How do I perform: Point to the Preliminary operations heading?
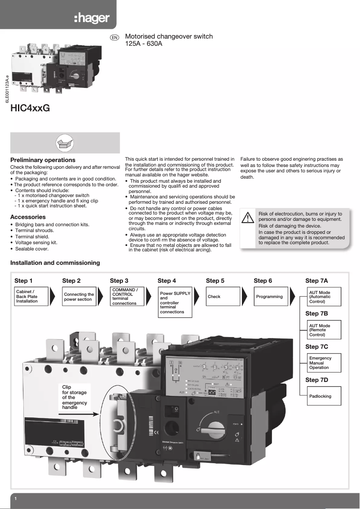(43, 160)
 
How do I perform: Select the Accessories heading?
(28, 217)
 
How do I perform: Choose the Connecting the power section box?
(79, 297)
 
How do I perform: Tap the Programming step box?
(270, 297)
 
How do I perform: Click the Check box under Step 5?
(223, 297)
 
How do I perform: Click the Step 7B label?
(316, 313)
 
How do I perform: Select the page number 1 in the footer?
(16, 499)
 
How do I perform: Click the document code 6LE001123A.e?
(7, 90)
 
